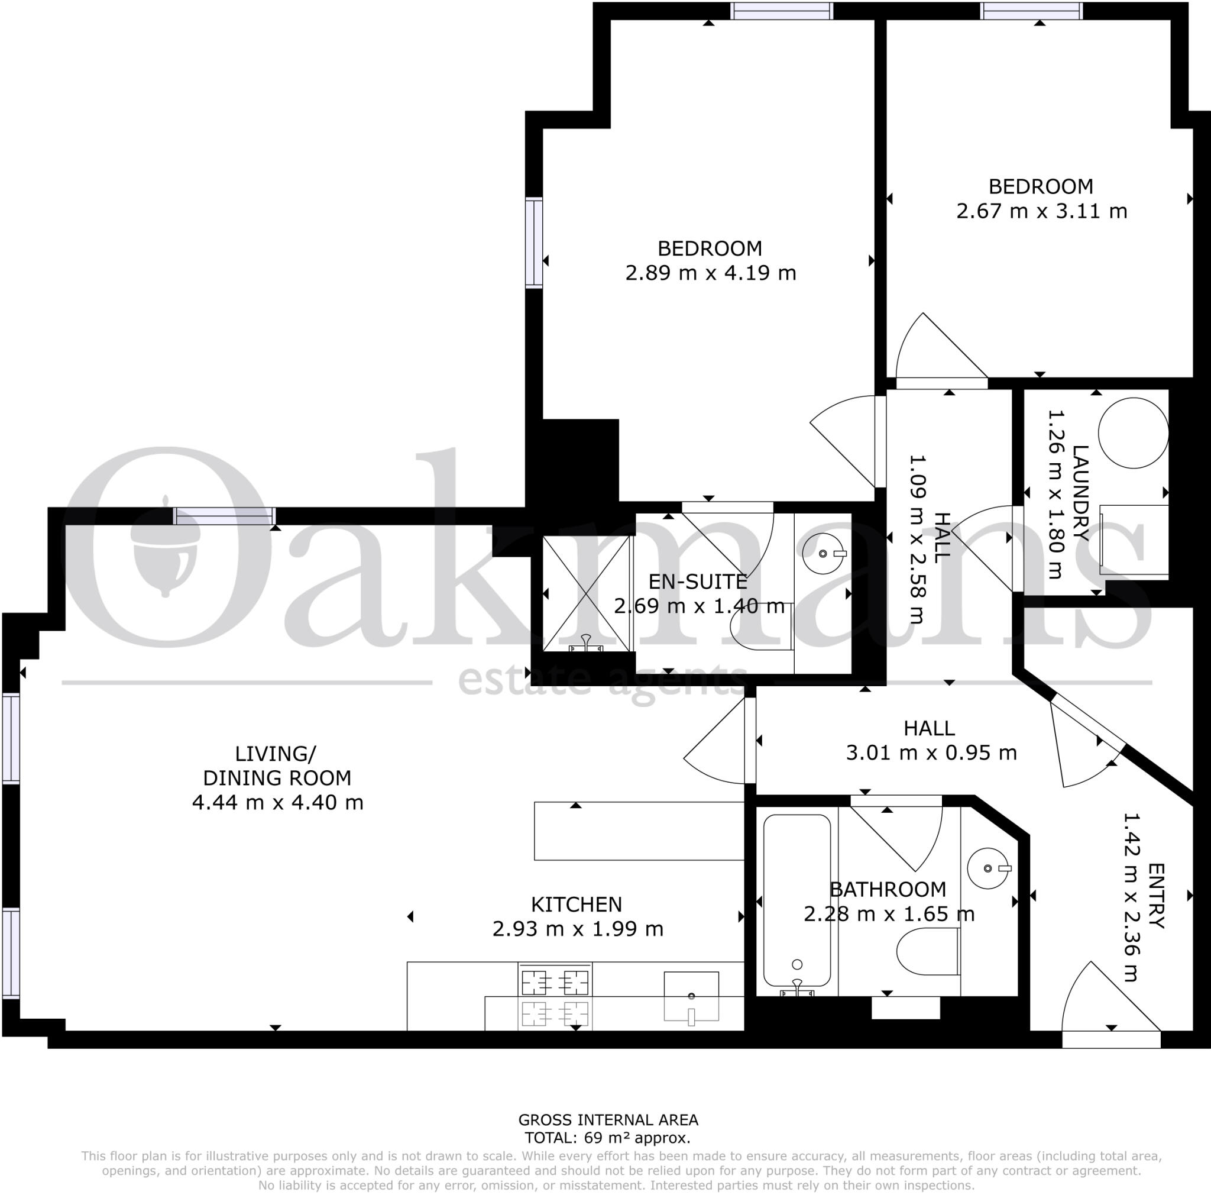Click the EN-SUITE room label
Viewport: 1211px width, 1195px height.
(697, 582)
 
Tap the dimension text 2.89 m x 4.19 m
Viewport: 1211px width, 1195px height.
(710, 273)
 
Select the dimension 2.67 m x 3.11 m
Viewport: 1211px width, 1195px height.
(1041, 211)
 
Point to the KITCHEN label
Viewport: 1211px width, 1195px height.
(576, 905)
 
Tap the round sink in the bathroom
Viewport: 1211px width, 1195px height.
(989, 868)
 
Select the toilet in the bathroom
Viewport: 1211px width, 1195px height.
(928, 951)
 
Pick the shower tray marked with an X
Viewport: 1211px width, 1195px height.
(585, 594)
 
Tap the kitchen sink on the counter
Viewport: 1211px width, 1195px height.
(691, 996)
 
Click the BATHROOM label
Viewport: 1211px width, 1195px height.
(888, 890)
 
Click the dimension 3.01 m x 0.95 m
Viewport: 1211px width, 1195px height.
(931, 752)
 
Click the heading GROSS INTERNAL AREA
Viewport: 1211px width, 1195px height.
(607, 1120)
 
